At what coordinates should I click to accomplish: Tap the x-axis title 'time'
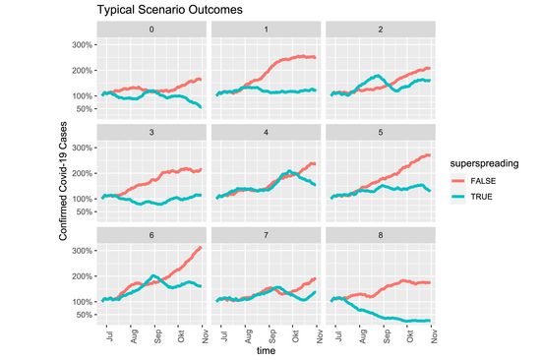pos(266,350)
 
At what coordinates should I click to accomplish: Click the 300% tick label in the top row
pos(82,44)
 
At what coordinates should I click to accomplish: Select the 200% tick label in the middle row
pos(82,173)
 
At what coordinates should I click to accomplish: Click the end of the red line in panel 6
pos(202,247)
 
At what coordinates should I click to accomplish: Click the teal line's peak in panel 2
pos(375,75)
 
